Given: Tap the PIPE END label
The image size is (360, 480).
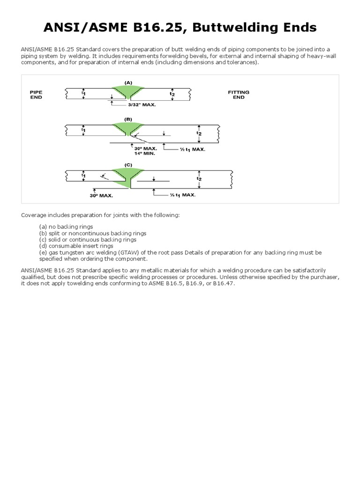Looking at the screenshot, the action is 36,95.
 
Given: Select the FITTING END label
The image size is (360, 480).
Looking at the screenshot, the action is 239,95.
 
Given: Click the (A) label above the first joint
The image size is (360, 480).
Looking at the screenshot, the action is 128,82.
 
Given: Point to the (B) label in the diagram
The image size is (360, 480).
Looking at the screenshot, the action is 128,119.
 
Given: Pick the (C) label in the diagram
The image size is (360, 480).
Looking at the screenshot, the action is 128,165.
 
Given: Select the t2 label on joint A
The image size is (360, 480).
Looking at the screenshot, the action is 172,94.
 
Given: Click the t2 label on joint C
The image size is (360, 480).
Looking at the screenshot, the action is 198,179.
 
